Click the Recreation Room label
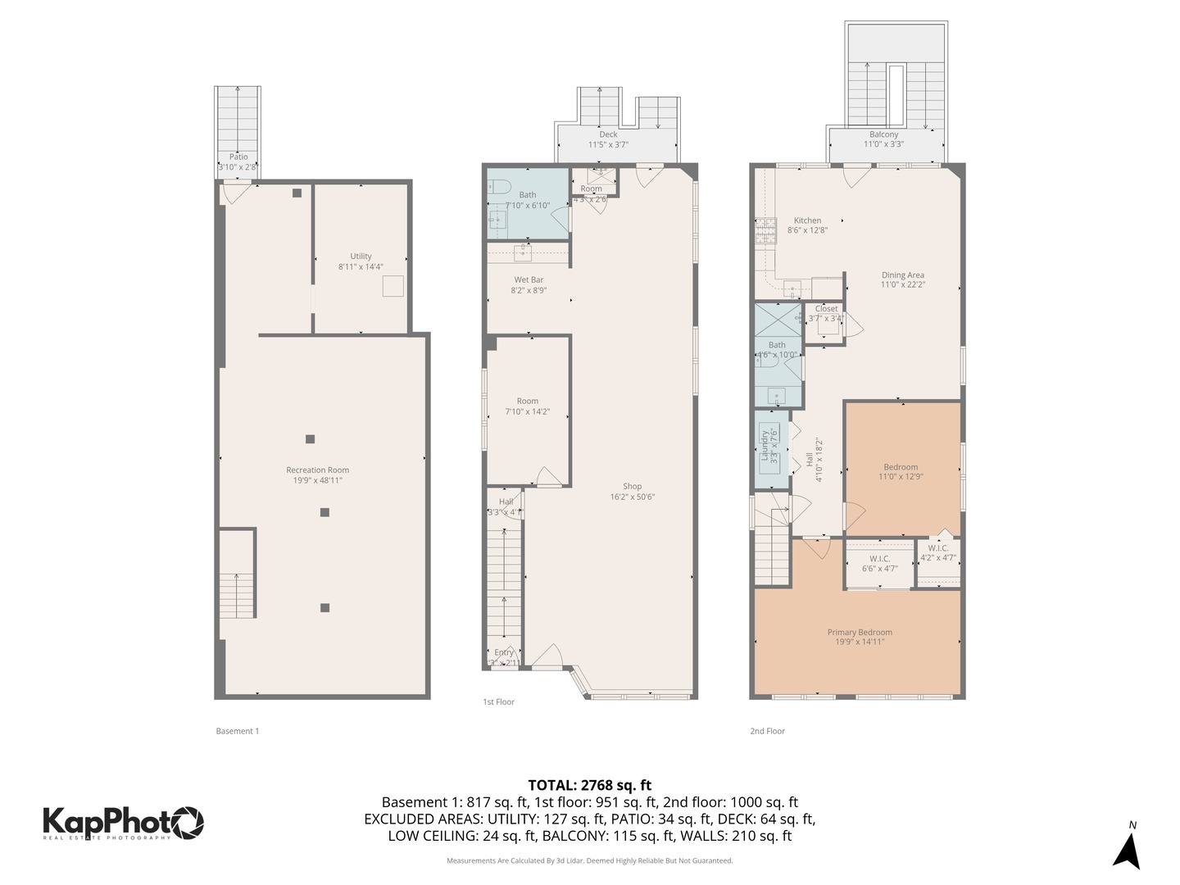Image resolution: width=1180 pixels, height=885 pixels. coord(317,470)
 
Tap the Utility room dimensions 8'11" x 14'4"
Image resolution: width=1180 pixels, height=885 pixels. coord(361,267)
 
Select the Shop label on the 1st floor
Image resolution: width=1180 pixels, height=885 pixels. coord(632,487)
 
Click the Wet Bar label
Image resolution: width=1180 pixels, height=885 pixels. coord(529,280)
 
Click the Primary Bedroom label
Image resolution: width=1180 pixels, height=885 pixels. coord(860,633)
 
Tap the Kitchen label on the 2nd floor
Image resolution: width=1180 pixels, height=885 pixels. coord(807,220)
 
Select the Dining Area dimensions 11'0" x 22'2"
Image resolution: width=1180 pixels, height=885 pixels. coord(902,285)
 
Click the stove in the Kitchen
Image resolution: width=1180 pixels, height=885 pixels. coord(765,231)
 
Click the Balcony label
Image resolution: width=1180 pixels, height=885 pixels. coord(883,134)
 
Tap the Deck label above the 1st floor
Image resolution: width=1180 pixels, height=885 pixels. coord(608,134)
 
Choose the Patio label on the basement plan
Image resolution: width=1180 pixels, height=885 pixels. coord(238,157)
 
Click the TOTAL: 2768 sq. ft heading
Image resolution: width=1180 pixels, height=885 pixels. coord(589,785)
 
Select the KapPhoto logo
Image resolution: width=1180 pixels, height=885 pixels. coord(123,822)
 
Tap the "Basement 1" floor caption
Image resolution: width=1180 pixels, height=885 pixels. coord(237,731)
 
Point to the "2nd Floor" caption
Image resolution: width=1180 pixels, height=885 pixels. coord(767,731)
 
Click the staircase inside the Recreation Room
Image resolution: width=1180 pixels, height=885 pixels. coord(237,574)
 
